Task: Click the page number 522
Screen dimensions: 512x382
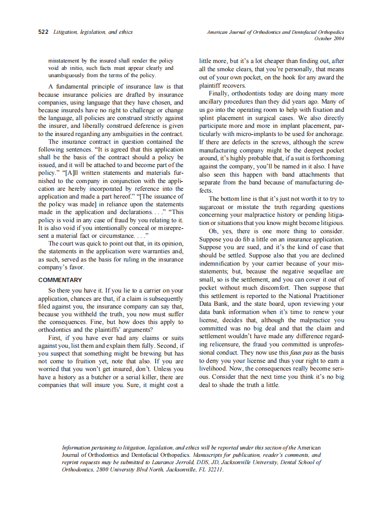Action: point(43,32)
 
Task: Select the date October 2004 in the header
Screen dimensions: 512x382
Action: point(329,38)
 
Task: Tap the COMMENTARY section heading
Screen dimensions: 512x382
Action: point(60,280)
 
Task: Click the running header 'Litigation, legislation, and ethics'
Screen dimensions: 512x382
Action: point(93,32)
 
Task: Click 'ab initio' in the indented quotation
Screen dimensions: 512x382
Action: point(71,68)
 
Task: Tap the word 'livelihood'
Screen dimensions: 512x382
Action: point(215,369)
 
